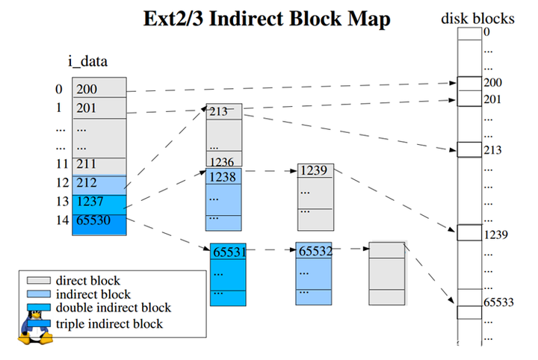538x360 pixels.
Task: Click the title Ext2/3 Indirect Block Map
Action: click(x=267, y=19)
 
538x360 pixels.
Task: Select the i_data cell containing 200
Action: click(x=99, y=89)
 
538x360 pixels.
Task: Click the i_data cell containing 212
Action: click(x=99, y=183)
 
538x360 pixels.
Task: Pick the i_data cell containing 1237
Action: click(x=99, y=202)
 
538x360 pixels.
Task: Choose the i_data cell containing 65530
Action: click(x=99, y=220)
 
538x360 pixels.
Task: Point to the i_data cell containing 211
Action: click(x=99, y=164)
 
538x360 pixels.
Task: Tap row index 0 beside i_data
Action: click(x=59, y=89)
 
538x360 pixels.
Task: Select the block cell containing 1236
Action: click(x=223, y=161)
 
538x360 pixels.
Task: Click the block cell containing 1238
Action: click(x=223, y=177)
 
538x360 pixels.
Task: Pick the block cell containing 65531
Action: click(x=228, y=252)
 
